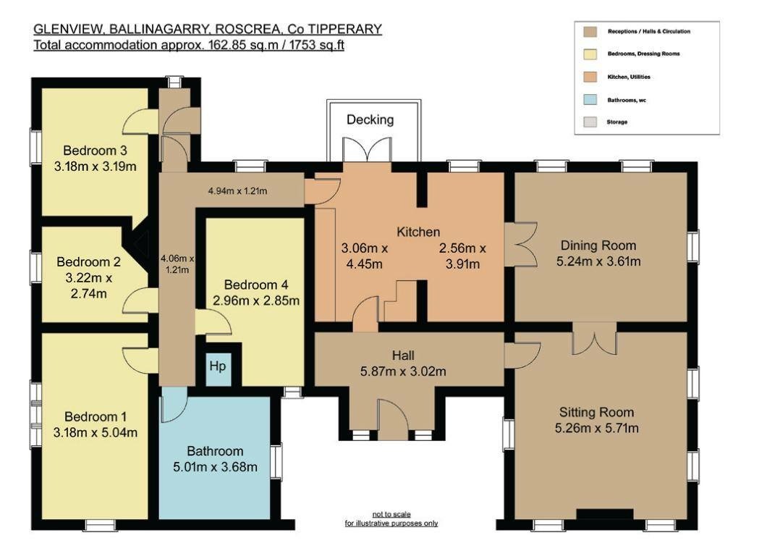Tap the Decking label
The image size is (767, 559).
[370, 119]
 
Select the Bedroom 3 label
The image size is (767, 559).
[96, 151]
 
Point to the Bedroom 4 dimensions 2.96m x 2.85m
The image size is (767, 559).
[256, 300]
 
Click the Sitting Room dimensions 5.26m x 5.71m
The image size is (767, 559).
[597, 429]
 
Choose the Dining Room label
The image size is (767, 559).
[598, 245]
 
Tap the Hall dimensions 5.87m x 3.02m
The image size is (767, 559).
[403, 371]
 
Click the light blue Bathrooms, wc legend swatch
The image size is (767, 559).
[590, 100]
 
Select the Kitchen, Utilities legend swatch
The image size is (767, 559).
[590, 77]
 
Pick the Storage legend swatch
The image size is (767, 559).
[590, 122]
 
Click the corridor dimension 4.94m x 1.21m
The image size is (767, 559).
[238, 191]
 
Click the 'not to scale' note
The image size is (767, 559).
[391, 514]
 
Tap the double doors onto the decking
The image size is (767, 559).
[367, 149]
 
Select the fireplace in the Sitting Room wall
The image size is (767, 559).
[604, 514]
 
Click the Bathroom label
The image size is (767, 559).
[215, 451]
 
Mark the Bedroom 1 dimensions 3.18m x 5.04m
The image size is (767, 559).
[96, 433]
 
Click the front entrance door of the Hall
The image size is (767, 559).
[393, 419]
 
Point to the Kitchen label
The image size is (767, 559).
[418, 232]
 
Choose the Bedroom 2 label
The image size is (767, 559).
[88, 262]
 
